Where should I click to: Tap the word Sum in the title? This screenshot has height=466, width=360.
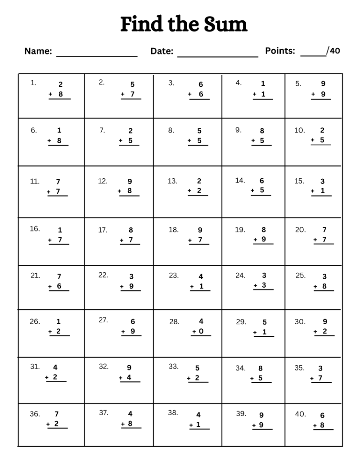tap(225, 24)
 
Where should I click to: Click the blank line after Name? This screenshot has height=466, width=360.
tap(97, 56)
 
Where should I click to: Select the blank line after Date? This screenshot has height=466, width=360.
tap(218, 56)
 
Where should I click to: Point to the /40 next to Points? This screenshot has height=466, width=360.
tap(333, 50)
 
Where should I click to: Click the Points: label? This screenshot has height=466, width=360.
tap(280, 50)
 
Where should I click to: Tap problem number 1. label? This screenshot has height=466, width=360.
tap(33, 82)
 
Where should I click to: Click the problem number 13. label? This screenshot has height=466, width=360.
tap(172, 181)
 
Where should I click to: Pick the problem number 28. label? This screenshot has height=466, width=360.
tap(174, 321)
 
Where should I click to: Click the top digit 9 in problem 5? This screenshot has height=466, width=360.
tap(323, 83)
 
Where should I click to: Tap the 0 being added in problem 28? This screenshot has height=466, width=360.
tap(201, 332)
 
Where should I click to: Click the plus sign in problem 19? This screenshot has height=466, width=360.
tap(255, 240)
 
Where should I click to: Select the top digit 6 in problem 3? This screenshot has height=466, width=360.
tap(201, 84)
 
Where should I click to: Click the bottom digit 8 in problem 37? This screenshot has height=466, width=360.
tap(130, 424)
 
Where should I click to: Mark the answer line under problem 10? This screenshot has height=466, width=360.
tap(320, 145)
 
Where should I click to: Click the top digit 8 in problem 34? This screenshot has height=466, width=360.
tap(260, 368)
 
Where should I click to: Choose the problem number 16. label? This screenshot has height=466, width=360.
tap(35, 229)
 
